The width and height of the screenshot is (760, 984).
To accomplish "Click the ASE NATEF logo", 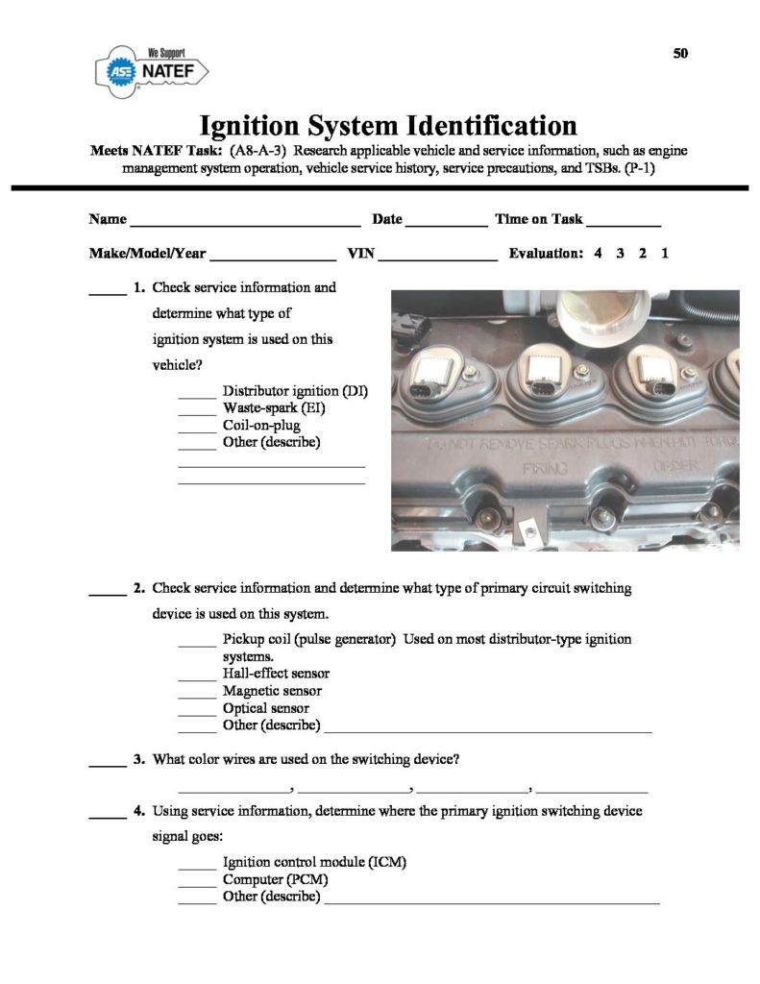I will click(x=154, y=70).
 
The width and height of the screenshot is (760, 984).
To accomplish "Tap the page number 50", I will click(x=681, y=52).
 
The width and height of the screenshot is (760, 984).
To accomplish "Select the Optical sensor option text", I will click(x=266, y=708).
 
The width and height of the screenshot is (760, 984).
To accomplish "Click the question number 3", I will click(x=139, y=759).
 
